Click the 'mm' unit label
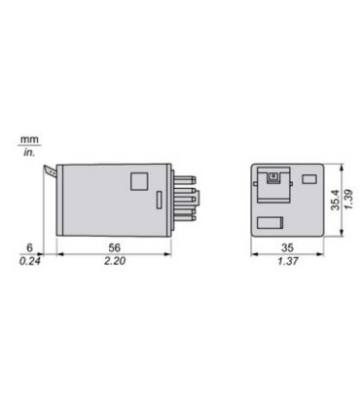click(27, 140)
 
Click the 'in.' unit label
click(27, 153)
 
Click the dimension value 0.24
click(31, 263)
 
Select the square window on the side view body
click(139, 181)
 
